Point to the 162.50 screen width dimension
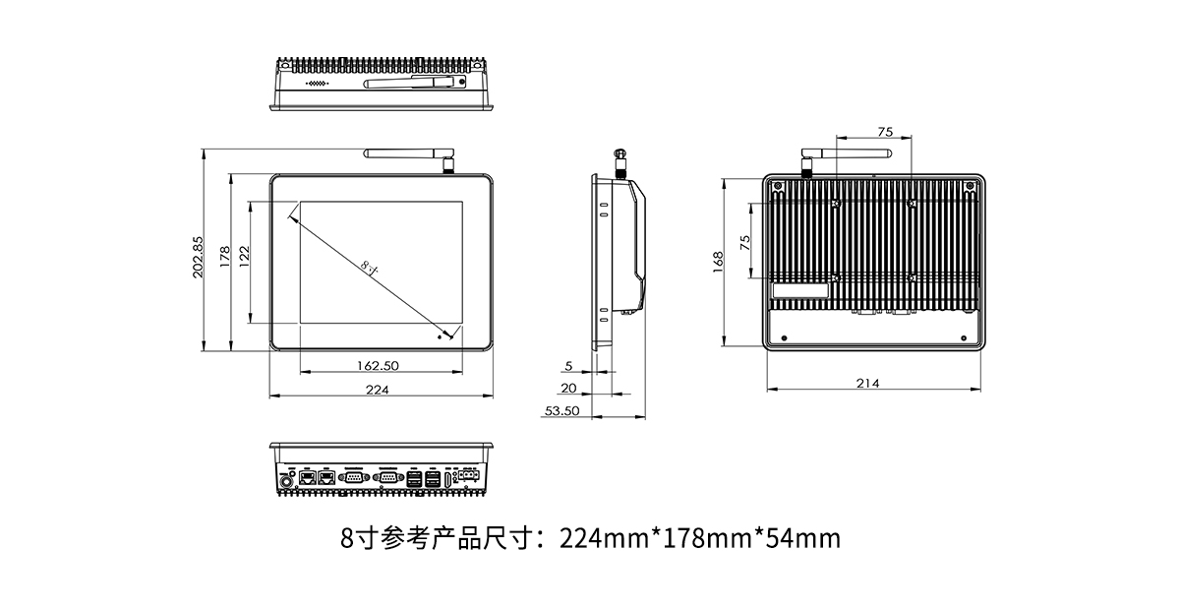378,365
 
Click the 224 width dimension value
378,391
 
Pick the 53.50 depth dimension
560,411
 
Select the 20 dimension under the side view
568,389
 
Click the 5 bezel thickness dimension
569,365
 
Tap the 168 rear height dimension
718,261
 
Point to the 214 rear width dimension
868,384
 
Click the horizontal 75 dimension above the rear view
884,132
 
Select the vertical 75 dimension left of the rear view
745,241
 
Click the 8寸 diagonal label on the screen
370,267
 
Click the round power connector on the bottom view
289,481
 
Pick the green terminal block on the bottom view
470,477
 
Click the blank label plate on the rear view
800,292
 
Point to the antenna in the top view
413,86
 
